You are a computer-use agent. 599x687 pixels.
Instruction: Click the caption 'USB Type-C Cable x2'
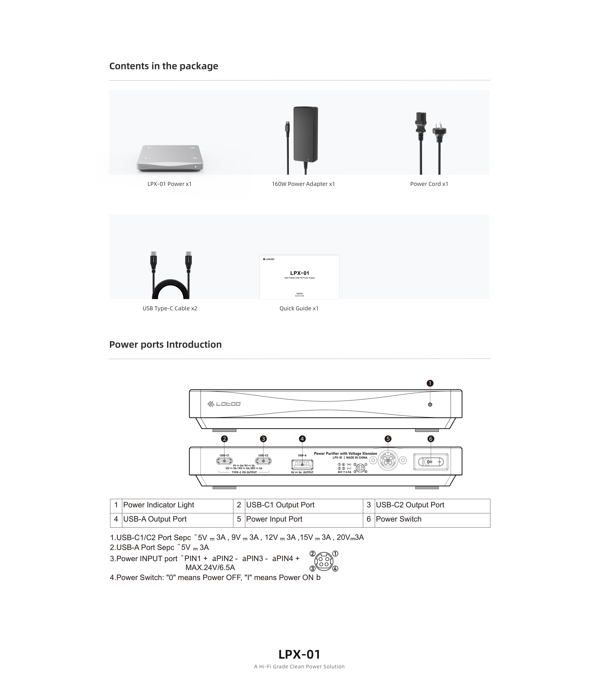click(170, 308)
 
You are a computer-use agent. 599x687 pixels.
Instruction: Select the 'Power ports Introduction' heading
click(166, 344)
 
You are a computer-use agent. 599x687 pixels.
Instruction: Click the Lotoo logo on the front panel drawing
click(224, 404)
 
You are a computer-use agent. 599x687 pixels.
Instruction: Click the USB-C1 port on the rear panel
click(224, 461)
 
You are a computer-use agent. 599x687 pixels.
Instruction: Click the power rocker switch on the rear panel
click(431, 462)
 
